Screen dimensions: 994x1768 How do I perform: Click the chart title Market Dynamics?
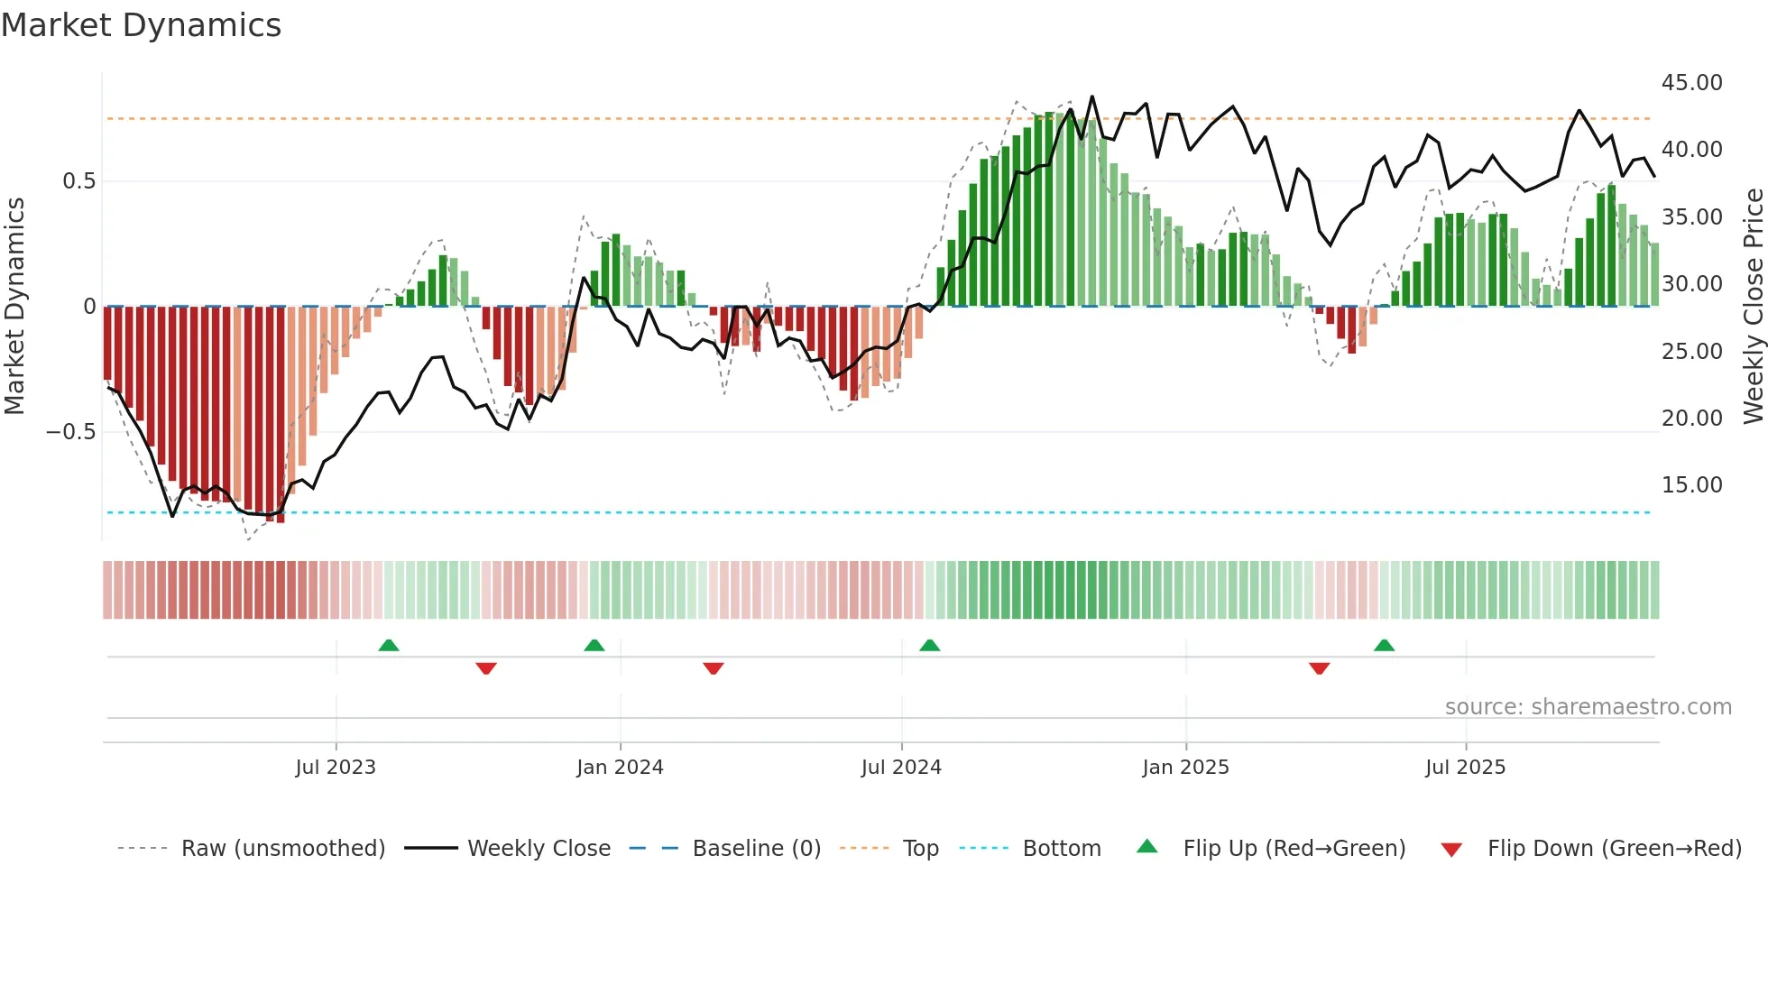[x=141, y=25]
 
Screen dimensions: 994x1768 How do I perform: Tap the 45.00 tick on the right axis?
[x=1691, y=83]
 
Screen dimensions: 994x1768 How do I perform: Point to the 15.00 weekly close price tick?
[x=1691, y=485]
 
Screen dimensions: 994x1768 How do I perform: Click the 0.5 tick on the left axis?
[x=78, y=181]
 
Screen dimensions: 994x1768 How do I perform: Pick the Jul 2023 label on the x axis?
[x=336, y=768]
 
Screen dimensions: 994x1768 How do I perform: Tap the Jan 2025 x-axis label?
[x=1185, y=768]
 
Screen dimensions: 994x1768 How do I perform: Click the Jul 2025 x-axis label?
[x=1465, y=768]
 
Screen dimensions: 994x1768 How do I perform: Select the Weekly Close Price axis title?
[x=1753, y=307]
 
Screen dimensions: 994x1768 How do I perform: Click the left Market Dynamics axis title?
[x=14, y=307]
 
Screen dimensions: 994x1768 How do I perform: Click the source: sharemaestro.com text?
[x=1588, y=707]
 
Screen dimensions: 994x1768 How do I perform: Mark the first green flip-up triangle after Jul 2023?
[x=389, y=646]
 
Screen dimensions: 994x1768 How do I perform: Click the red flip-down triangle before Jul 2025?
[x=1319, y=668]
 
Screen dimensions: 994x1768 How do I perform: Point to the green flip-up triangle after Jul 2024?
[x=929, y=646]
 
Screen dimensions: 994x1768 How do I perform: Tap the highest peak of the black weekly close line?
[x=1092, y=97]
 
